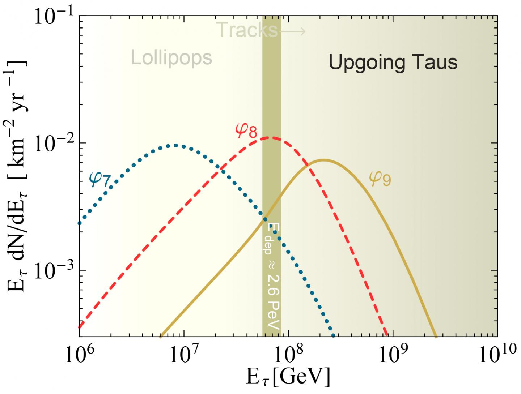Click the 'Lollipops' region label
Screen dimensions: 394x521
coord(171,58)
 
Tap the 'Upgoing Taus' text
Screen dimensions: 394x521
coord(393,62)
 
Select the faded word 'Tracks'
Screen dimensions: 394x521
coord(247,30)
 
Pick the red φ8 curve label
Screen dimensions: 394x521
coord(246,130)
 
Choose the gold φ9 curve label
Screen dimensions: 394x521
coord(380,178)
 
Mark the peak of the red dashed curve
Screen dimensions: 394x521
coord(271,137)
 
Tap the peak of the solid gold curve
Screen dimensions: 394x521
coord(323,160)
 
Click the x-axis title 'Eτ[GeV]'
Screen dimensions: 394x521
coord(288,378)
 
